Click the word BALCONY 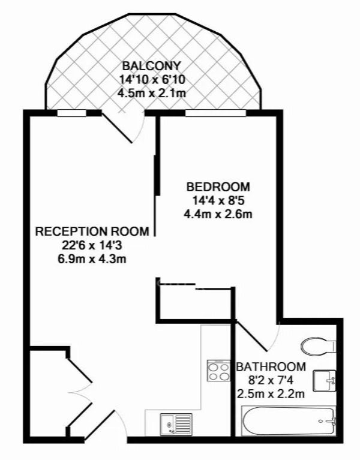pos(151,66)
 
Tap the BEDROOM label pos(218,187)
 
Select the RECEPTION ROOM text pos(92,231)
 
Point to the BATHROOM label pos(271,366)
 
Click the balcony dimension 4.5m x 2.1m pos(152,94)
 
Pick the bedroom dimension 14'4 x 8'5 pos(218,201)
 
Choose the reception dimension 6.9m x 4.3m pos(92,259)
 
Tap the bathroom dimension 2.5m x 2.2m pos(271,393)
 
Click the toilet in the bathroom pos(319,346)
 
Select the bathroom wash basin pos(325,380)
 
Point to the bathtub pos(289,420)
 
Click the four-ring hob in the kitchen pos(218,371)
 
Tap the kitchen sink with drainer pos(176,425)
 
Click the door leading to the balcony pos(118,128)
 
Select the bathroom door pos(252,336)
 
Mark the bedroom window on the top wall pos(215,113)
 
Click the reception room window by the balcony pos(71,113)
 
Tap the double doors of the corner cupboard pos(80,393)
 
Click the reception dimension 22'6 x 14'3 pos(92,245)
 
